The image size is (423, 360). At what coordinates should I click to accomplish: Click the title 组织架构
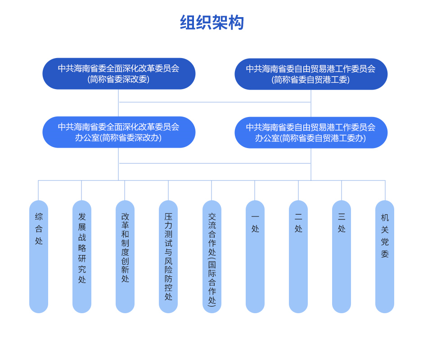(x=211, y=22)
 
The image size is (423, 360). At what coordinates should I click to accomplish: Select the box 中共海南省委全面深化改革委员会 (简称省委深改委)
(x=119, y=73)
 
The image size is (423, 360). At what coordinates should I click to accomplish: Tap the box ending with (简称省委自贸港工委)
(x=311, y=74)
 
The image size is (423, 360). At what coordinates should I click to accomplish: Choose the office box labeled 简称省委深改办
(x=119, y=132)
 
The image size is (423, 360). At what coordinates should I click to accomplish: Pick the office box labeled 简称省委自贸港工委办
(x=311, y=133)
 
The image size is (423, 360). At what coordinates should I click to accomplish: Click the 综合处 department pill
(x=39, y=256)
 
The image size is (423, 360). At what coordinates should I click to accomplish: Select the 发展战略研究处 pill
(x=82, y=256)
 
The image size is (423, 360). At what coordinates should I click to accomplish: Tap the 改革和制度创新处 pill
(x=125, y=256)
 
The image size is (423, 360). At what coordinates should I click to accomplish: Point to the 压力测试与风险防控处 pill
(x=168, y=256)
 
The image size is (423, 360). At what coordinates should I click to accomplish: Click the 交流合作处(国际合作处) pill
(x=212, y=256)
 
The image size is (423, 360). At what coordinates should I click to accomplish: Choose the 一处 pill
(x=255, y=256)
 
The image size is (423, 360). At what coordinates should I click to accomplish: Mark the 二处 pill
(x=298, y=256)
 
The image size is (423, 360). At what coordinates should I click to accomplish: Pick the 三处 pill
(x=342, y=256)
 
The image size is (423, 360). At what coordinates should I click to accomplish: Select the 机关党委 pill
(x=385, y=256)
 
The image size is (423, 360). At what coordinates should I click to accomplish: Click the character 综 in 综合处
(x=39, y=217)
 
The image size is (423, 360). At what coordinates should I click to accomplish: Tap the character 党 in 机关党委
(x=385, y=242)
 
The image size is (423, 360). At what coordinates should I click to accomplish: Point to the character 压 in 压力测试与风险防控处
(x=168, y=217)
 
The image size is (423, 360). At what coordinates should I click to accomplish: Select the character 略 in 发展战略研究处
(x=82, y=248)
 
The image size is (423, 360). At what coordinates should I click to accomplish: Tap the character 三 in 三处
(x=342, y=217)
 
